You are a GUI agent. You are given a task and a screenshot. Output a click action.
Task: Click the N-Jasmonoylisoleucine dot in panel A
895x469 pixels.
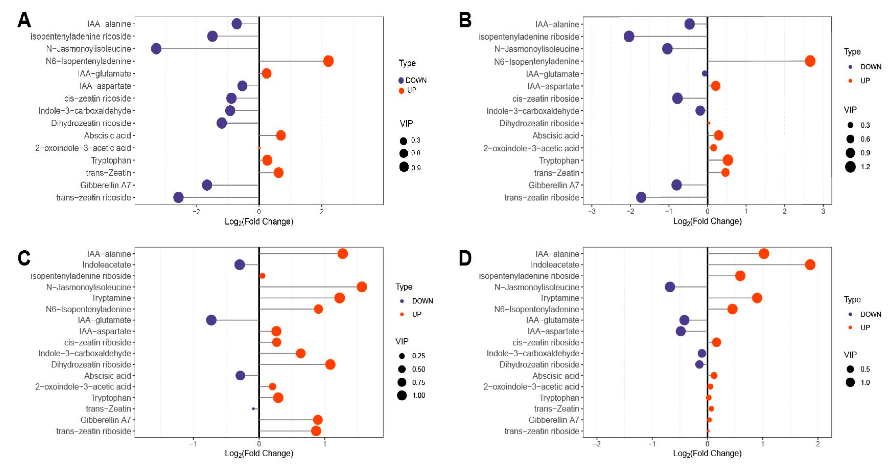click(156, 49)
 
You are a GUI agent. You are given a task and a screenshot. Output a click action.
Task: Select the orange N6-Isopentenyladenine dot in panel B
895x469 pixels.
click(810, 61)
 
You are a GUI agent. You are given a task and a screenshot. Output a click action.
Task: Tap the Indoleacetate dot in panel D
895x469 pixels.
click(810, 265)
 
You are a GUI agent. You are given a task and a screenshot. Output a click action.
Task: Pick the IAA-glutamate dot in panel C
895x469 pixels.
click(211, 320)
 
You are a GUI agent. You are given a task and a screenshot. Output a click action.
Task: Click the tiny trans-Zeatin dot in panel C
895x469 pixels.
click(253, 409)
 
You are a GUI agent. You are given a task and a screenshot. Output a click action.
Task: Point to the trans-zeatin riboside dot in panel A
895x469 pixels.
click(178, 198)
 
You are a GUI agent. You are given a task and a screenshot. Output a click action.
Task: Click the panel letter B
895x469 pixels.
click(465, 20)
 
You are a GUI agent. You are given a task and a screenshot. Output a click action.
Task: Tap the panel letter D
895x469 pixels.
click(465, 258)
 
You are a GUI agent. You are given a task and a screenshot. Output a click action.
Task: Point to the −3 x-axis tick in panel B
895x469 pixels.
click(592, 211)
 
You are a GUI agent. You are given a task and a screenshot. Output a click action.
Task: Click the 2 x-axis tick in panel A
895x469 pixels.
click(322, 211)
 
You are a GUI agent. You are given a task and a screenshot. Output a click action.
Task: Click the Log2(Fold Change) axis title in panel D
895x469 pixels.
click(707, 453)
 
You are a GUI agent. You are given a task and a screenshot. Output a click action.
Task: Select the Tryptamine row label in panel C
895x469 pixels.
click(111, 298)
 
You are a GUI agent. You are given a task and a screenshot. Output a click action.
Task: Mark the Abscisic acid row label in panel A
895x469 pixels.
click(107, 136)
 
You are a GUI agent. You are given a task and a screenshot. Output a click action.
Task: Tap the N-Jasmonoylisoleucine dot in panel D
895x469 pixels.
click(670, 287)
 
